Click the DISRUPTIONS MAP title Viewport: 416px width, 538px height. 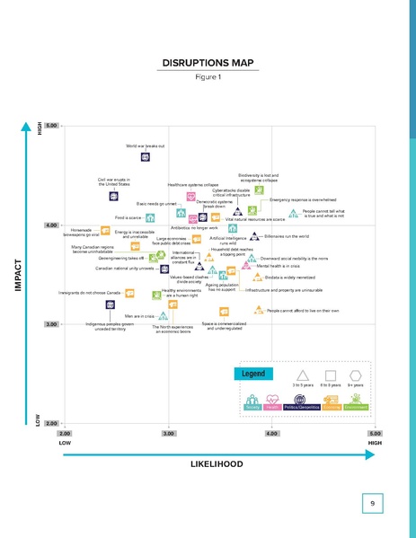(x=207, y=63)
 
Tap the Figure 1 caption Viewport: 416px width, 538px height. (x=207, y=77)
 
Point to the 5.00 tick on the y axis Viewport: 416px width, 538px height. (x=52, y=126)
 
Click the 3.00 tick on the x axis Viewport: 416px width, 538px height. (x=168, y=433)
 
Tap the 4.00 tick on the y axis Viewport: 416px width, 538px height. (x=52, y=225)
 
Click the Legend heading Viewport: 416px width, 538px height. (x=252, y=372)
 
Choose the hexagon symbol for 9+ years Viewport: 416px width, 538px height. (x=356, y=375)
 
